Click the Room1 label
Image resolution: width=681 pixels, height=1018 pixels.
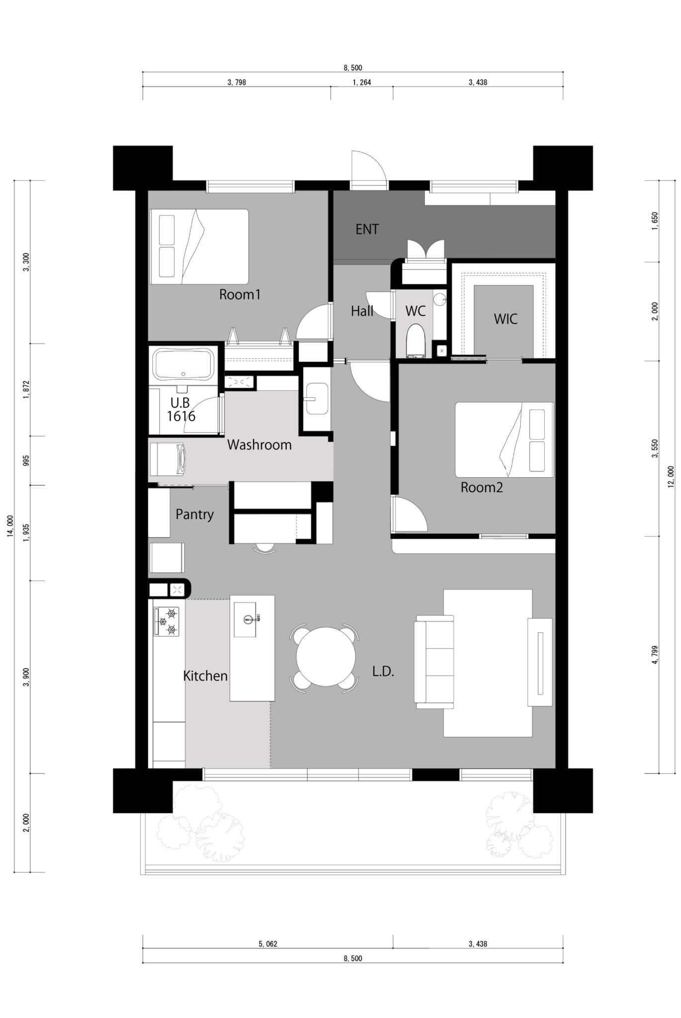(x=240, y=295)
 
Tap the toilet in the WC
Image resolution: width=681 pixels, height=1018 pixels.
(x=416, y=341)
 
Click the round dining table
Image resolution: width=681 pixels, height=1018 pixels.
(x=326, y=657)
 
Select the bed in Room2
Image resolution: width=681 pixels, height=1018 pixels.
(x=505, y=440)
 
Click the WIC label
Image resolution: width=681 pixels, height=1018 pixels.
(x=506, y=319)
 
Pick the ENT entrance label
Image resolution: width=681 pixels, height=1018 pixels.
(x=367, y=229)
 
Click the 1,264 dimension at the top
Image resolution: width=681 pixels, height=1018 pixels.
(x=362, y=83)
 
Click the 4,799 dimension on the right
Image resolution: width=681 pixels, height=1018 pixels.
(x=655, y=655)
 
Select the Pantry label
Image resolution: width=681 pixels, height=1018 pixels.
(x=194, y=514)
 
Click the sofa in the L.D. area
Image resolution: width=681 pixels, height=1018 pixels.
(x=434, y=661)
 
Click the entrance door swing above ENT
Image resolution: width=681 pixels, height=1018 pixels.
(x=368, y=169)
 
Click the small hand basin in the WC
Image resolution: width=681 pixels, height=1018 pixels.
(x=439, y=299)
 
